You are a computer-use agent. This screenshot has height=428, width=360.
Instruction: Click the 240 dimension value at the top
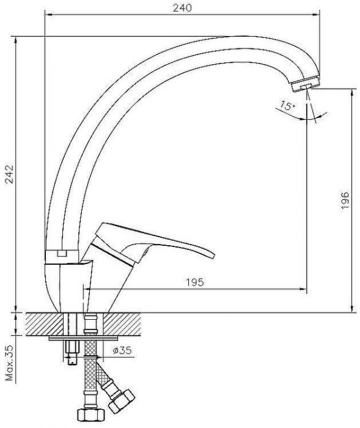coord(182,7)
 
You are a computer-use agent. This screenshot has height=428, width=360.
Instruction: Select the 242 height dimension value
coord(9,174)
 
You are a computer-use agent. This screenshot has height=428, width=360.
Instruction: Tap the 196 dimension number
coord(345,201)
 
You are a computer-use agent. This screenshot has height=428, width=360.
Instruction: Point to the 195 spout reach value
coord(195,282)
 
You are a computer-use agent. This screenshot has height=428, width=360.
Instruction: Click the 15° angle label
coord(287,105)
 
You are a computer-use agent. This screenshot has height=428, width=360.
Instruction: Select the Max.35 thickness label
coord(10,363)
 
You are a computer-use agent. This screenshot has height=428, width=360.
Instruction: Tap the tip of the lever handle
coord(213,256)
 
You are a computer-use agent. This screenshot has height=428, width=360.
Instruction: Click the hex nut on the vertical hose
coord(91,415)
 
